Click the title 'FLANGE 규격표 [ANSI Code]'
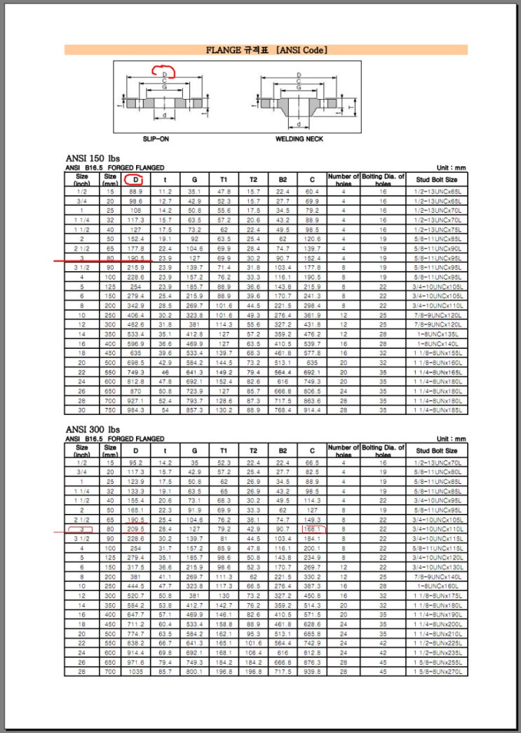tap(267, 50)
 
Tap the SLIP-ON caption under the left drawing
tap(155, 138)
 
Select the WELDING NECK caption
tap(299, 138)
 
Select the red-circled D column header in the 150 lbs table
tap(136, 180)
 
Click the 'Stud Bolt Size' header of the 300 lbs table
tap(436, 450)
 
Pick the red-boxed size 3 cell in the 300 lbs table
tap(82, 527)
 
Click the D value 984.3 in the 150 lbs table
tap(136, 409)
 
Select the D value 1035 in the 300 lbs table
tap(136, 671)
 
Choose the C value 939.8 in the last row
tap(311, 671)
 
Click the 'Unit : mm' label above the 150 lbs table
tap(451, 168)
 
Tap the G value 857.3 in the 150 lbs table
tap(194, 409)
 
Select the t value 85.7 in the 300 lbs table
tap(165, 671)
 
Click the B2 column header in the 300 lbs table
tap(283, 450)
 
